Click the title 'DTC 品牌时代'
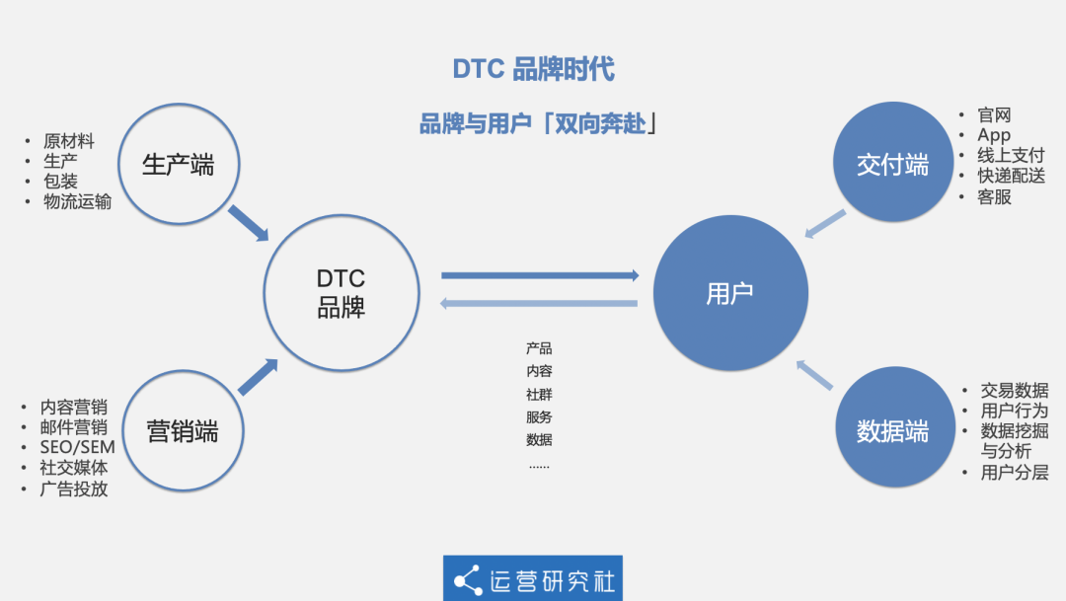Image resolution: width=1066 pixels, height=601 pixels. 533,69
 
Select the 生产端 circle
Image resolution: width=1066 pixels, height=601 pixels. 178,164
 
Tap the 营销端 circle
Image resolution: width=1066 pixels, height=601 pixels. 182,431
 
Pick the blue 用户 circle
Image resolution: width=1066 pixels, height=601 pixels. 730,293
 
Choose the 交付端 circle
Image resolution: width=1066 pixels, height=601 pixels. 892,164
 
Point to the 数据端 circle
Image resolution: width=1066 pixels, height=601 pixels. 892,430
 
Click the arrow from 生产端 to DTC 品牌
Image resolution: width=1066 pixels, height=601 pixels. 248,222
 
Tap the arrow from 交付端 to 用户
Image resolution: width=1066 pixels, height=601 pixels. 824,225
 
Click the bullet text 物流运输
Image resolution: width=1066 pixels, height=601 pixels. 77,202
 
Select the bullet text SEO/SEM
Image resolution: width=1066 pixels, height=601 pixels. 77,447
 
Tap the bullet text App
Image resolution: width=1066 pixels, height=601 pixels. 994,135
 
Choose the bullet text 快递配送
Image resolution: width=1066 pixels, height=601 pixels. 1011,176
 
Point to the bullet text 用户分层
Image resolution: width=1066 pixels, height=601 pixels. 1014,473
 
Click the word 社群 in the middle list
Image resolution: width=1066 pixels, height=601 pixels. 539,394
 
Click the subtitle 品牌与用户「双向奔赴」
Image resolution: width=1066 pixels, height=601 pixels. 539,124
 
